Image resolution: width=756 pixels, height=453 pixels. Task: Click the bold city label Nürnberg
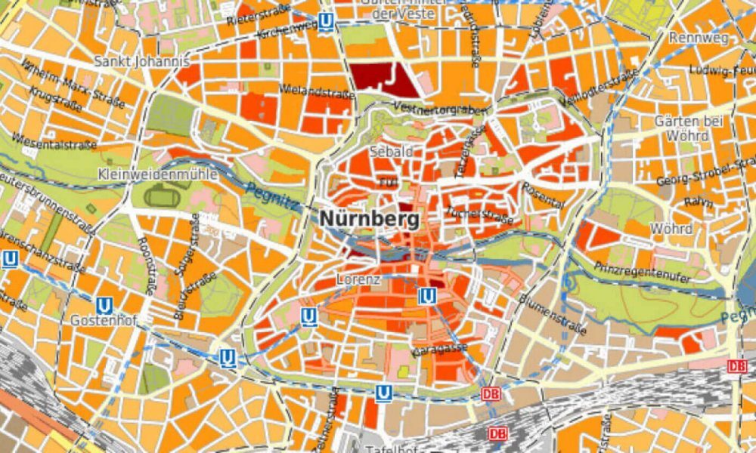coord(370,220)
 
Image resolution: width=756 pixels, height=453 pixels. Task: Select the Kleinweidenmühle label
coord(157,174)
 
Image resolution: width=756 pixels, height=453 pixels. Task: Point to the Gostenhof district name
coord(104,321)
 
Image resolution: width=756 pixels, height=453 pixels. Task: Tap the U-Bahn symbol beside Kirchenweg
coord(326,21)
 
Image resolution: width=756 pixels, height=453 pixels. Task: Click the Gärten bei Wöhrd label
coord(689,128)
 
